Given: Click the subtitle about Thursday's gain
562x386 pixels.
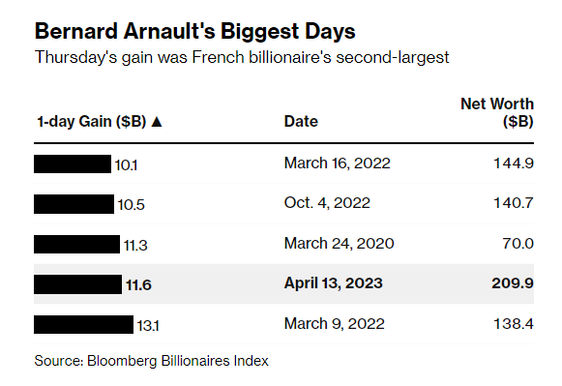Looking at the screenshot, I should pyautogui.click(x=242, y=57).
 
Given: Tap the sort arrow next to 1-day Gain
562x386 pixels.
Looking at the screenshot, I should pyautogui.click(x=157, y=122).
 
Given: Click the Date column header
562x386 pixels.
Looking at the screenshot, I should pyautogui.click(x=301, y=122).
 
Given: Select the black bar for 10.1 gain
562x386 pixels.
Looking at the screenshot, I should pyautogui.click(x=73, y=163).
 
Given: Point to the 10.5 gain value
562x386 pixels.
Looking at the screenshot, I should pyautogui.click(x=131, y=204).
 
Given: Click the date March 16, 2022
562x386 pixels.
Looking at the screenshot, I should pyautogui.click(x=337, y=163).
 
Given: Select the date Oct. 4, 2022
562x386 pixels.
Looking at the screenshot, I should pyautogui.click(x=326, y=203).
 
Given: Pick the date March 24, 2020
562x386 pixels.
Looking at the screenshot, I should pyautogui.click(x=338, y=244).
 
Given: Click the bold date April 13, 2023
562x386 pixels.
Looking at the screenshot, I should pyautogui.click(x=334, y=283).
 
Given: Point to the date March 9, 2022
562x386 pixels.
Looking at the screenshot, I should pyautogui.click(x=333, y=323).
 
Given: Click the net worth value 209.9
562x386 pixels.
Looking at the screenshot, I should pyautogui.click(x=513, y=283).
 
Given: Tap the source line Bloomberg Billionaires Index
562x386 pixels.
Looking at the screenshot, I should pyautogui.click(x=151, y=361).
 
